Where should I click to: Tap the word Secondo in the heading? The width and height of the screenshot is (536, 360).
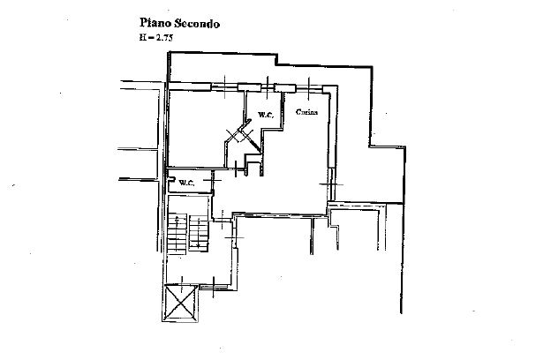[x=197, y=24]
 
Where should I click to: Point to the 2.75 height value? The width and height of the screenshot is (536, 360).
[x=164, y=38]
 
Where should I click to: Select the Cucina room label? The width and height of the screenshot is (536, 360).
[x=307, y=112]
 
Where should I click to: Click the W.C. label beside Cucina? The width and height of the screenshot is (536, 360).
[x=266, y=115]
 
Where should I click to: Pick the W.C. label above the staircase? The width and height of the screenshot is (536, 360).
[x=186, y=183]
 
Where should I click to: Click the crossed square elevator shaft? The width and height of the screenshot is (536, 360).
[x=181, y=303]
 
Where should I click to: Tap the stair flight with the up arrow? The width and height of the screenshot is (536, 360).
[x=177, y=234]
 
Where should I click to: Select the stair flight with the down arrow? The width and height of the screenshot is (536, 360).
[x=199, y=233]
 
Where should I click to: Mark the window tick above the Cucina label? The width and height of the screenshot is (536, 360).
[x=309, y=88]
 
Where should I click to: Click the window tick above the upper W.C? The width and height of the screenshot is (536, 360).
[x=268, y=87]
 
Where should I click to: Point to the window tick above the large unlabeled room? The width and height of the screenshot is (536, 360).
[x=225, y=86]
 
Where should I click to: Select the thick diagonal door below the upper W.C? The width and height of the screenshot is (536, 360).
[x=253, y=144]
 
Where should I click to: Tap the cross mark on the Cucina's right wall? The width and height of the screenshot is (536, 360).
[x=331, y=184]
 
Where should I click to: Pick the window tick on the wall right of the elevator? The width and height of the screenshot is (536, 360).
[x=214, y=288]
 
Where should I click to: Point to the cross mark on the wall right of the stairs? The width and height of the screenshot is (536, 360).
[x=235, y=237]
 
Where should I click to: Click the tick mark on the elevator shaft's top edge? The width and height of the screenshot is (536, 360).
[x=182, y=284]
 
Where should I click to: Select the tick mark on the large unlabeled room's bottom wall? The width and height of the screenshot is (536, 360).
[x=236, y=169]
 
